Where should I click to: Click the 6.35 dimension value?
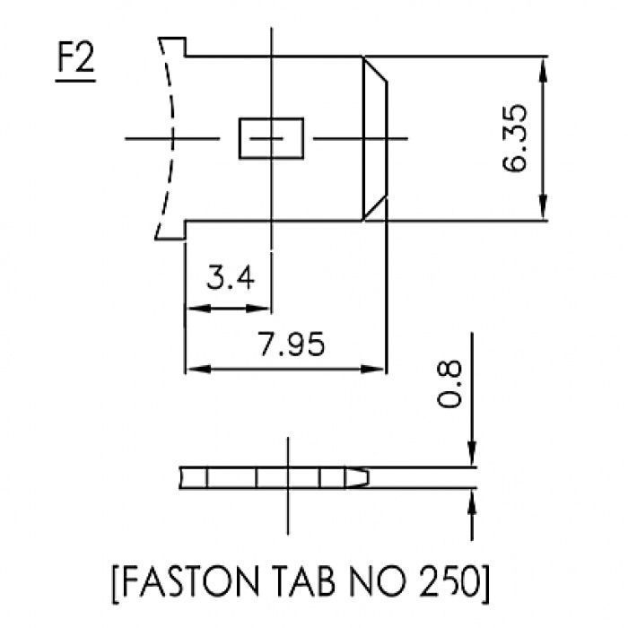(515, 138)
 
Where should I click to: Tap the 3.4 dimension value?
(231, 277)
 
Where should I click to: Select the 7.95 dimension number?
(292, 344)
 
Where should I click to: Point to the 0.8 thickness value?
(449, 384)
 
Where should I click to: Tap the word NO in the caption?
(378, 581)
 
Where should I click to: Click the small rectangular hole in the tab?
(271, 138)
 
